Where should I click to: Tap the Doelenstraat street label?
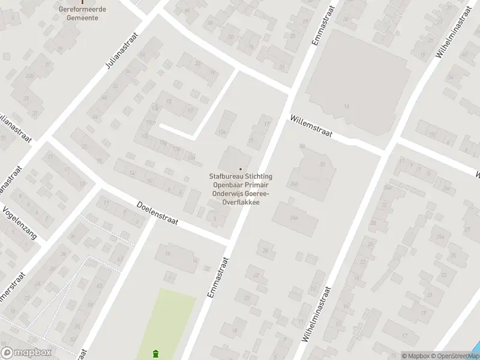(158, 213)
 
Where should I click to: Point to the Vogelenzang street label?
(19, 223)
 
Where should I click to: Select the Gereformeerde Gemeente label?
(79, 13)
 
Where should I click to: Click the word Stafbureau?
(225, 176)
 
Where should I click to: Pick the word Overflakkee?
(241, 203)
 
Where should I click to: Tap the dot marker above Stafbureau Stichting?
(241, 169)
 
